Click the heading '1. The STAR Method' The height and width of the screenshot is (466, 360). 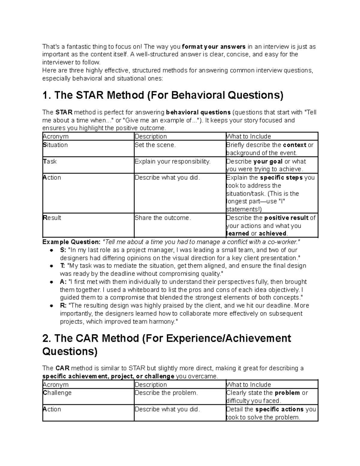point(163,95)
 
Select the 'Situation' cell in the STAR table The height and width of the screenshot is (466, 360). point(55,145)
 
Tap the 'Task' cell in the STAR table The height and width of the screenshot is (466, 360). point(50,161)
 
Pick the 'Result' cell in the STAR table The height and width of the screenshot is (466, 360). point(52,218)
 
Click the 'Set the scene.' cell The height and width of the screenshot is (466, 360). point(155,145)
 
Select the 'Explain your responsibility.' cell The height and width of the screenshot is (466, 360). point(172,161)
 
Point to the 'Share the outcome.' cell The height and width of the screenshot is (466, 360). point(163,218)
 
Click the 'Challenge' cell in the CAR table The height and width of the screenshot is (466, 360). point(57,393)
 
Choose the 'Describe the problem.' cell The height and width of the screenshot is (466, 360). point(166,393)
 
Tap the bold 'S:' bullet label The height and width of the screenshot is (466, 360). point(63,250)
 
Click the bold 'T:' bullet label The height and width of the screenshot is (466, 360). point(63,266)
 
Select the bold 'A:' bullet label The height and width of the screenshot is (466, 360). point(63,282)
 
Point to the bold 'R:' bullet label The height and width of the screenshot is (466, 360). point(63,305)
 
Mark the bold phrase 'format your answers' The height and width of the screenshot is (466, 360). point(214,47)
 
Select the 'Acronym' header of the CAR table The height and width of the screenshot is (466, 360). point(56,385)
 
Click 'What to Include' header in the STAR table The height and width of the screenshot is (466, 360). point(249,137)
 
